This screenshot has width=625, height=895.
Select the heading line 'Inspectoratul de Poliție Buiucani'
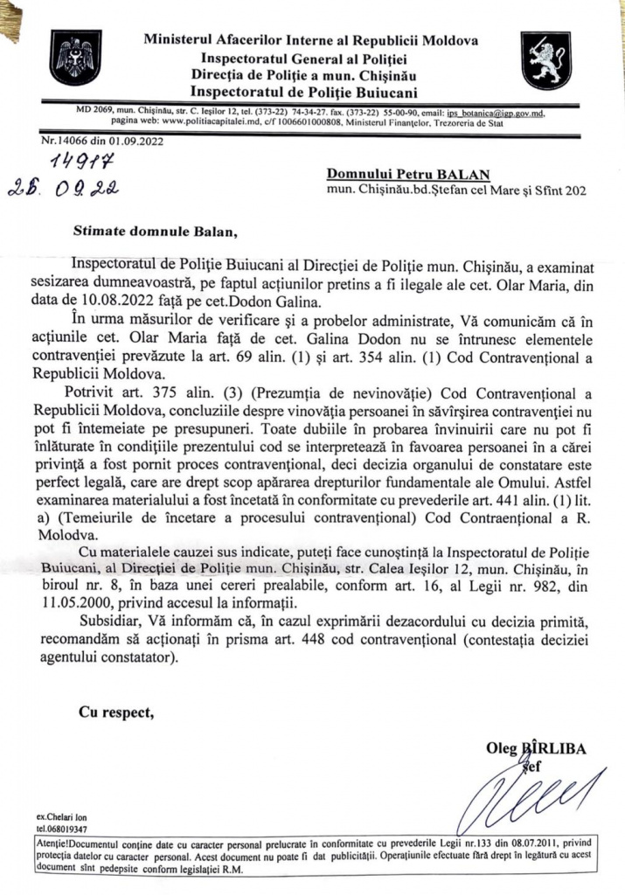pyautogui.click(x=302, y=90)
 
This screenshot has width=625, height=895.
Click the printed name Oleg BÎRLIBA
pyautogui.click(x=535, y=748)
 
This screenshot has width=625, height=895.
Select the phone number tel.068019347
pyautogui.click(x=62, y=828)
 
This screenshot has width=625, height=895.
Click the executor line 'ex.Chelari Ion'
pyautogui.click(x=61, y=815)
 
